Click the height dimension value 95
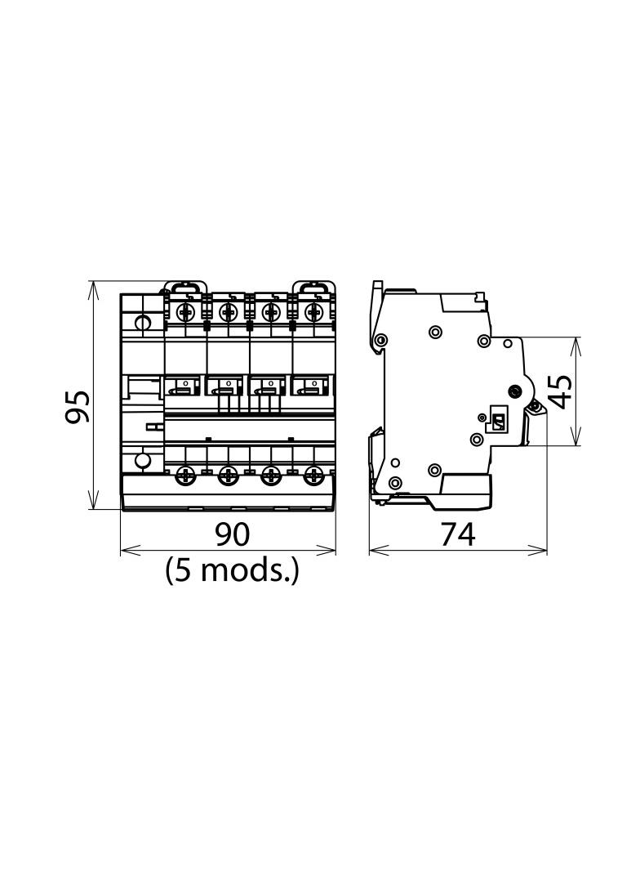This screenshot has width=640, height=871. [77, 407]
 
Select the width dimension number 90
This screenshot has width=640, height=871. [233, 534]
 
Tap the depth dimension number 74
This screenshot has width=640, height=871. [458, 535]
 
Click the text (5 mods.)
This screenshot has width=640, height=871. [232, 570]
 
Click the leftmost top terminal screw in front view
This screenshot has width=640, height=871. [184, 313]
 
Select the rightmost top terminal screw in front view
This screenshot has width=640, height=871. [313, 313]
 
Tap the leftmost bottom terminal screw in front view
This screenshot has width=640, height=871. [184, 475]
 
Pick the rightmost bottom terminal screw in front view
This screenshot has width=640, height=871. [313, 475]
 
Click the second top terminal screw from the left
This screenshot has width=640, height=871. [227, 313]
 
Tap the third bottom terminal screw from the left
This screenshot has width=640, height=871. [270, 475]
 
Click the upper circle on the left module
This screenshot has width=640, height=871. [143, 323]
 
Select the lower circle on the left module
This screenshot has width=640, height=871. [143, 461]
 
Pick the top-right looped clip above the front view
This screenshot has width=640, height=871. [313, 287]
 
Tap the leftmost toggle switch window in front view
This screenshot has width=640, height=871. [183, 385]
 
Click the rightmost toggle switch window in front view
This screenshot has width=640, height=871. [313, 385]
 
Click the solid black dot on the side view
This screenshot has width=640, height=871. [515, 391]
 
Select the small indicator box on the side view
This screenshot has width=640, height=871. [497, 423]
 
